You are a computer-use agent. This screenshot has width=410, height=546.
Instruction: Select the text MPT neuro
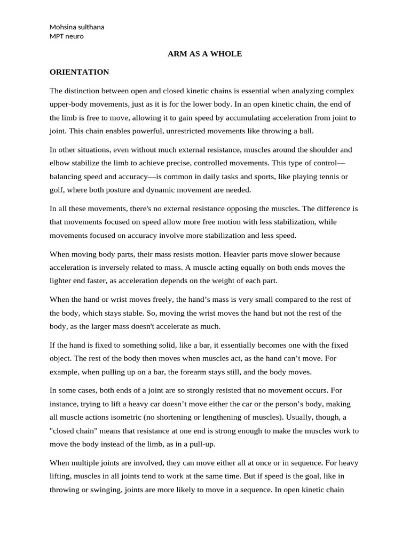(x=66, y=36)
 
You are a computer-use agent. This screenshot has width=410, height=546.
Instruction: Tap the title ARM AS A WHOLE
(x=204, y=54)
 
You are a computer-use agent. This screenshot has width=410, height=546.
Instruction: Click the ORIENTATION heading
(x=79, y=72)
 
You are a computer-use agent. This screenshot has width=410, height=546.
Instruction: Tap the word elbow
(x=60, y=163)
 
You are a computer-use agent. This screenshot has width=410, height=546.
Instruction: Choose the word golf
(x=57, y=190)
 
